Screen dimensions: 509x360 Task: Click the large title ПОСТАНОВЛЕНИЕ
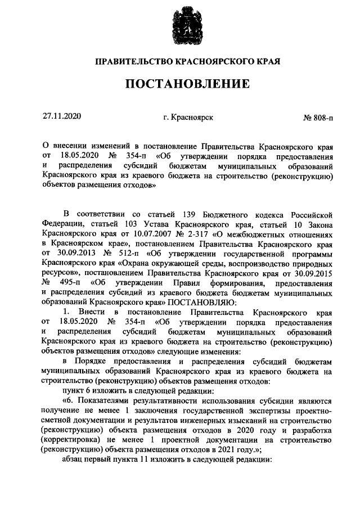tap(187, 85)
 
